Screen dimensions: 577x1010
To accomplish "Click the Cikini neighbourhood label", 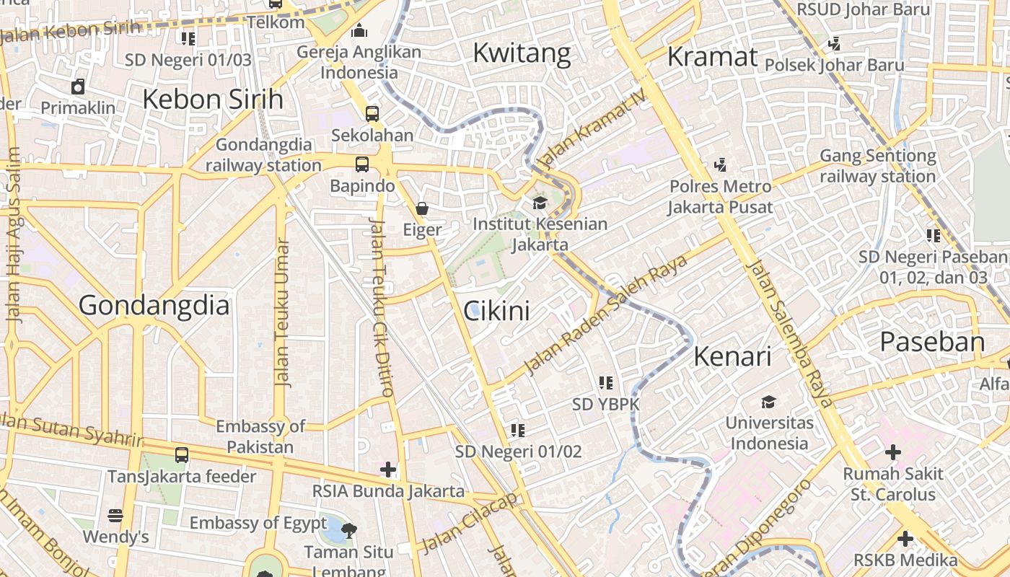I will coord(496,311).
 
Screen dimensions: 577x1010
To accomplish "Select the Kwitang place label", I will coord(522,53).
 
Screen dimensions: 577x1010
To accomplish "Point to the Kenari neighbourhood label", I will coord(732,356).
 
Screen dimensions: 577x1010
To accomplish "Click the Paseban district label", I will coord(932,342).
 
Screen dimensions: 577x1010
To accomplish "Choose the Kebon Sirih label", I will coord(213,100).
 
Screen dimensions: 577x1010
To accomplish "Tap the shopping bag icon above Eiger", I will coord(422,208).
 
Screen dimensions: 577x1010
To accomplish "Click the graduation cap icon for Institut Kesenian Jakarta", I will coord(540,202).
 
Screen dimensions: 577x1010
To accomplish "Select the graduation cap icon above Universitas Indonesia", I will coord(769,402).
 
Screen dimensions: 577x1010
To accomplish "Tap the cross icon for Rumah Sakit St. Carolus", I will coord(893,453).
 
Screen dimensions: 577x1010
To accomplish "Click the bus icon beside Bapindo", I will coord(362,164).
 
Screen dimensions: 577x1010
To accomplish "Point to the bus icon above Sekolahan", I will coord(372,113).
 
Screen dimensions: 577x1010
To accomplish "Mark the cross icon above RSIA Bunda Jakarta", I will coord(388,470).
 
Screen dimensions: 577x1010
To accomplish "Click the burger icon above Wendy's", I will coord(115,516).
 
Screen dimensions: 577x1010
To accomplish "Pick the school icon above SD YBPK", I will coord(606,382).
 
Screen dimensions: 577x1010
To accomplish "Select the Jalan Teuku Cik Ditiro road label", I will coord(381,308).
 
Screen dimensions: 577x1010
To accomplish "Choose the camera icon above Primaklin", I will coord(78,87).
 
